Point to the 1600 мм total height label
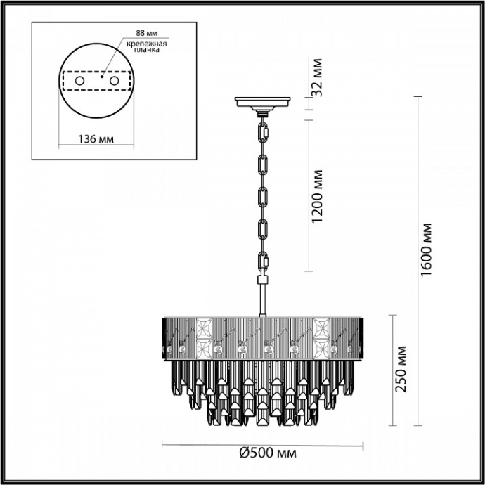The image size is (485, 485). pos(426,250)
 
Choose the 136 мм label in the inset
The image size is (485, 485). pos(93,138)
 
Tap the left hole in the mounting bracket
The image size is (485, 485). pos(79,82)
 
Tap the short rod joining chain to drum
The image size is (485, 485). pos(264,296)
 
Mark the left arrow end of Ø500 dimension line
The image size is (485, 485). pos(163,444)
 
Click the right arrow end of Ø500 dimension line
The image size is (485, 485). pos(363,444)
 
